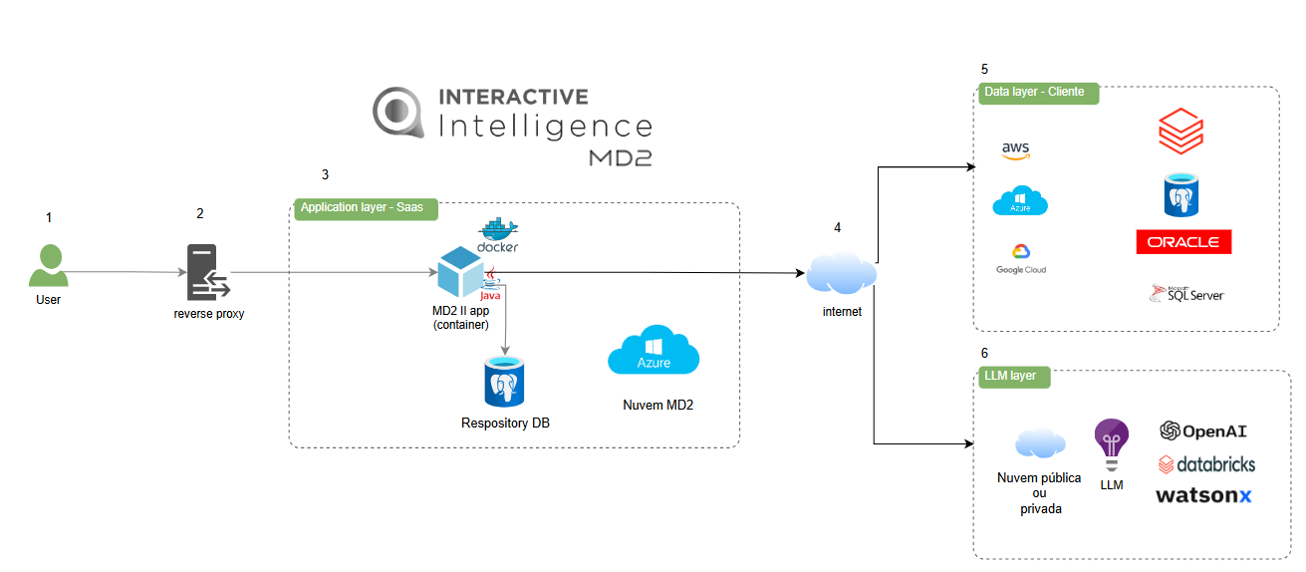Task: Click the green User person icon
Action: pos(48,266)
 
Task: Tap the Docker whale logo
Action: pos(498,235)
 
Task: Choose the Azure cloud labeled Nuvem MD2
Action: pos(653,353)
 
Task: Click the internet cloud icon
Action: pos(841,274)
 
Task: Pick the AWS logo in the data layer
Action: pos(1015,150)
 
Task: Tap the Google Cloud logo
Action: pos(1021,258)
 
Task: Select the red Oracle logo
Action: pos(1183,242)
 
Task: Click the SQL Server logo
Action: pos(1187,293)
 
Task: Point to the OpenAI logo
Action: pos(1203,431)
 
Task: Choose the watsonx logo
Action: pos(1203,495)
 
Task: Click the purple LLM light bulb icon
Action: pos(1111,444)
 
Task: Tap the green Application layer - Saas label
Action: pos(360,206)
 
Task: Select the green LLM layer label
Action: pos(1010,376)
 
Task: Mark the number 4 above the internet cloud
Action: pos(837,227)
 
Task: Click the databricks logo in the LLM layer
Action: pos(1206,464)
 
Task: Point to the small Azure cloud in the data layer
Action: pos(1019,201)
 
